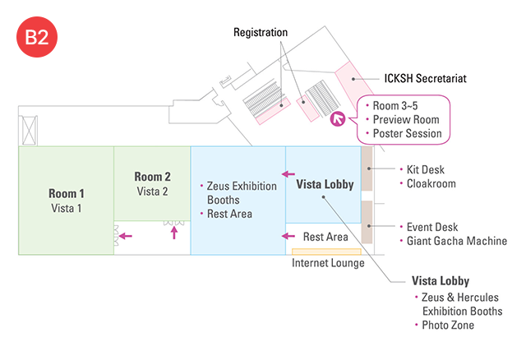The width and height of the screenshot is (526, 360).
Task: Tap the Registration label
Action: pos(261,33)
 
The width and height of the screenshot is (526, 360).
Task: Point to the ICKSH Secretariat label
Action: pos(426,80)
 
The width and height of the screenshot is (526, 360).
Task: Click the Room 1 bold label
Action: pos(67,193)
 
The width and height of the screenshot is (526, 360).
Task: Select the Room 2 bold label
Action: pos(152,177)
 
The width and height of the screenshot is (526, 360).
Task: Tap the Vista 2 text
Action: pos(152,191)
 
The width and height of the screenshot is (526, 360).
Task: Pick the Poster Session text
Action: pos(408,133)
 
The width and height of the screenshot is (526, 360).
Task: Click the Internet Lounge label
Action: pos(328,263)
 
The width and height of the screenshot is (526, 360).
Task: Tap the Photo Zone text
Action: pos(448,325)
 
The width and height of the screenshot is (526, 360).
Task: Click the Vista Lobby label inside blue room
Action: pos(325,185)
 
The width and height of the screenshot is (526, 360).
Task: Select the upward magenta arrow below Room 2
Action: pos(173,233)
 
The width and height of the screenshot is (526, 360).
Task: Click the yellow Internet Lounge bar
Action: pos(326,251)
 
